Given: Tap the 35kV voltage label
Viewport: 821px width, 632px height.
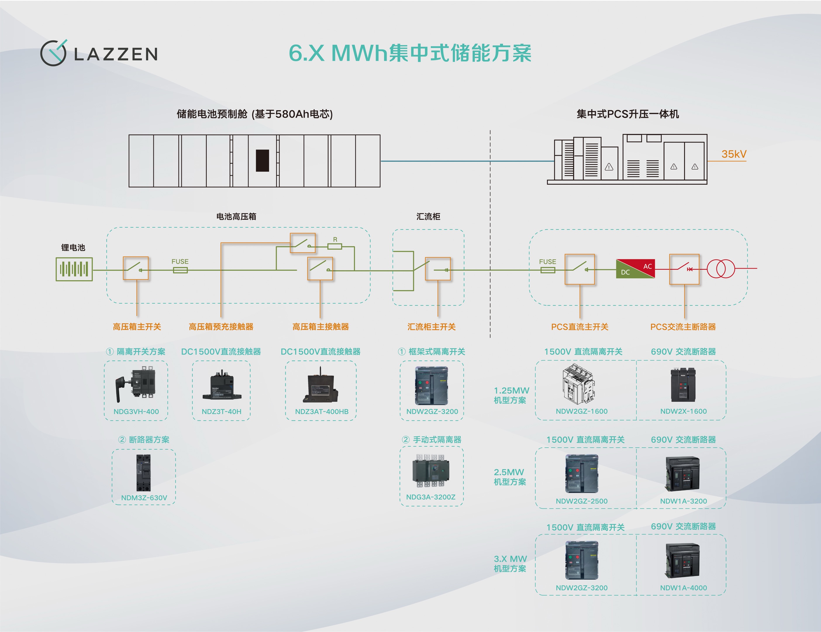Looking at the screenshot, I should (x=733, y=154).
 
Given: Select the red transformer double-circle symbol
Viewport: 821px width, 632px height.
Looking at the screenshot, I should (x=721, y=269).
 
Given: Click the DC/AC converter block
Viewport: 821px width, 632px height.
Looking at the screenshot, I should (x=635, y=269).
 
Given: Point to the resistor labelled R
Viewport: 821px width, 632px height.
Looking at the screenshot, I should (x=334, y=246).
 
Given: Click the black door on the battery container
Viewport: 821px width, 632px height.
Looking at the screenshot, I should (x=262, y=161).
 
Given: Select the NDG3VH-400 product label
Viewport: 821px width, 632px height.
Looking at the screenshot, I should (x=136, y=412).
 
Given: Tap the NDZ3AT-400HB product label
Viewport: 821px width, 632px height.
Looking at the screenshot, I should (x=321, y=412).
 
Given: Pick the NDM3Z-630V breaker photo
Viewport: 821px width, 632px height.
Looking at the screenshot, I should (x=144, y=473).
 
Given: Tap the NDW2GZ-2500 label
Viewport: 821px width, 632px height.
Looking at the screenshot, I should (x=582, y=501).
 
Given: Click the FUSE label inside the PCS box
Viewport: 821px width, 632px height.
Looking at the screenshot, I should (x=547, y=262).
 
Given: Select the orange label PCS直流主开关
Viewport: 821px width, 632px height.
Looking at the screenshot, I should (x=580, y=327).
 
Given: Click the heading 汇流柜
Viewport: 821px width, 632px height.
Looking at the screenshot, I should (x=428, y=216).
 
